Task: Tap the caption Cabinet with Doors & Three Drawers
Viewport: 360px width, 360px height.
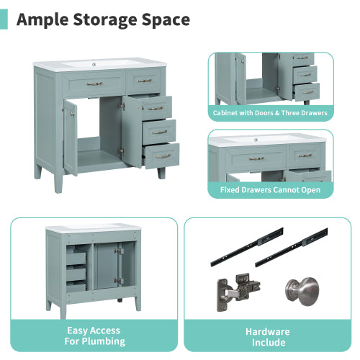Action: click(x=270, y=113)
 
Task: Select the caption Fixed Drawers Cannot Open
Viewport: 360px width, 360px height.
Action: click(x=270, y=190)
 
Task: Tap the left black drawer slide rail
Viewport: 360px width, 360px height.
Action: click(x=246, y=245)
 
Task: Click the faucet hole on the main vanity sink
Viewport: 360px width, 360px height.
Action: click(x=94, y=64)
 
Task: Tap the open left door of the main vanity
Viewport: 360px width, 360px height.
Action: click(x=70, y=136)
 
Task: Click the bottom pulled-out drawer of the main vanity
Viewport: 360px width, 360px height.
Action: click(x=162, y=156)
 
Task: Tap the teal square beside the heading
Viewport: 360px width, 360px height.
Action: click(x=4, y=19)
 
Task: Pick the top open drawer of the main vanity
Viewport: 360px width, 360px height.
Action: click(x=153, y=109)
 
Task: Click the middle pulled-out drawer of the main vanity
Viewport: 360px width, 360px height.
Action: click(x=158, y=132)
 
